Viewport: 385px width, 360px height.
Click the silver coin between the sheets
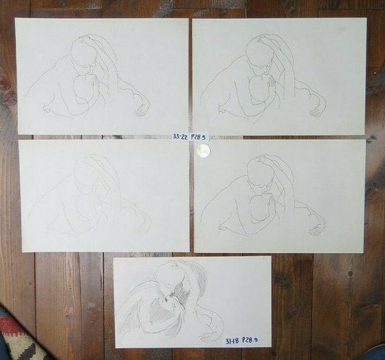[x=203, y=149]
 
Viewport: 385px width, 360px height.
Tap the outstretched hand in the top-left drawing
[x=142, y=109]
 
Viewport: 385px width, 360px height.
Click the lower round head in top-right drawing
[x=259, y=90]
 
